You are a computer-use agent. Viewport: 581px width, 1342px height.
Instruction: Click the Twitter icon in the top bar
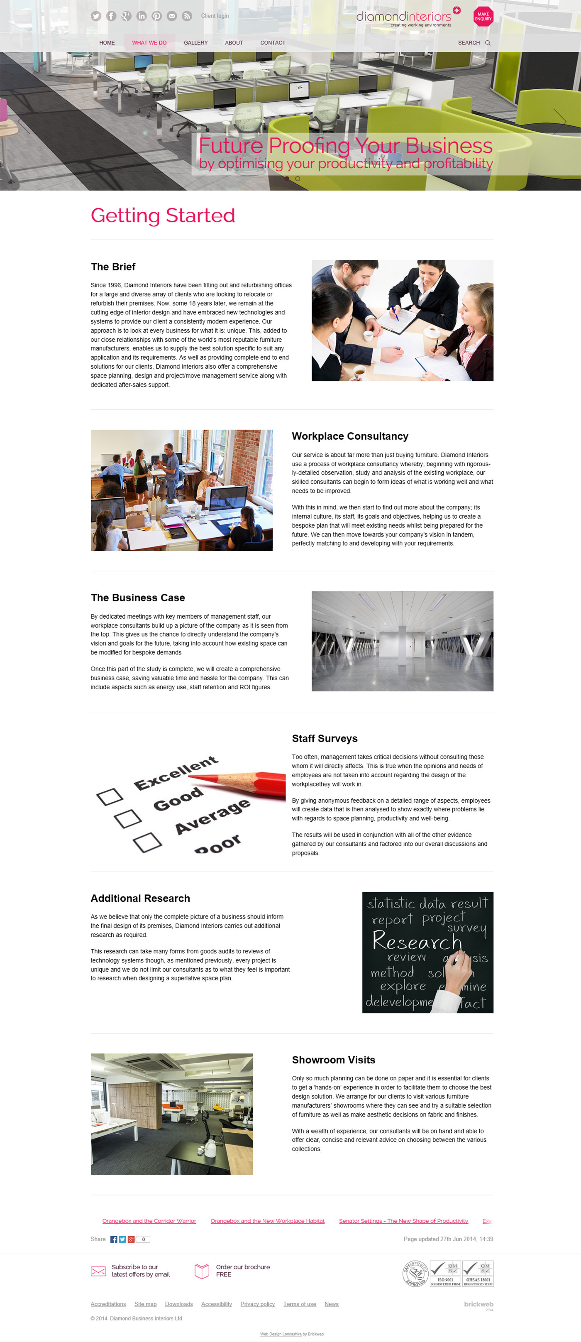pyautogui.click(x=96, y=16)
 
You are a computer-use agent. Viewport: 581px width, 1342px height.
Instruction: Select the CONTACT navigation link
pyautogui.click(x=272, y=43)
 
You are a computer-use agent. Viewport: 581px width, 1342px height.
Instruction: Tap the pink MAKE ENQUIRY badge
pyautogui.click(x=483, y=17)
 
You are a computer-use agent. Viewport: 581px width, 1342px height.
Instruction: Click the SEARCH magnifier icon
pyautogui.click(x=488, y=43)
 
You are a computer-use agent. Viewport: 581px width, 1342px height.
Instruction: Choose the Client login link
pyautogui.click(x=215, y=16)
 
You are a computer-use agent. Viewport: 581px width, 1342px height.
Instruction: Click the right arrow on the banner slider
pyautogui.click(x=560, y=121)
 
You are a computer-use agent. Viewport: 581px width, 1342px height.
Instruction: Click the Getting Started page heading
pyautogui.click(x=162, y=216)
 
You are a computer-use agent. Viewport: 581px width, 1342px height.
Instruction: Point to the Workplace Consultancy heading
pyautogui.click(x=350, y=436)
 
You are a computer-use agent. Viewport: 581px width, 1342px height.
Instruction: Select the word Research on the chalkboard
pyautogui.click(x=417, y=941)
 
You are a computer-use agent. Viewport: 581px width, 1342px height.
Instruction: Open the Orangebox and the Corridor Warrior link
pyautogui.click(x=149, y=1221)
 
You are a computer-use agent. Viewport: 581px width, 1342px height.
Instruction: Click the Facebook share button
pyautogui.click(x=113, y=1239)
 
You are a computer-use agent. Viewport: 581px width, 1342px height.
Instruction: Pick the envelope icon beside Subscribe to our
pyautogui.click(x=98, y=1271)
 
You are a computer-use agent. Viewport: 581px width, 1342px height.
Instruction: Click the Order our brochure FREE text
pyautogui.click(x=243, y=1271)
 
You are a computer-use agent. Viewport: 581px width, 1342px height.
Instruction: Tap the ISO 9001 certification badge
pyautogui.click(x=445, y=1274)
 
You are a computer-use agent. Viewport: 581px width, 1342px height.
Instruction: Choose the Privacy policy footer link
pyautogui.click(x=257, y=1304)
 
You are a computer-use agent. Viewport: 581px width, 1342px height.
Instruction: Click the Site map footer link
pyautogui.click(x=145, y=1304)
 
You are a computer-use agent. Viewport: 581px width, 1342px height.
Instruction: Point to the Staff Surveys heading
pyautogui.click(x=325, y=738)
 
